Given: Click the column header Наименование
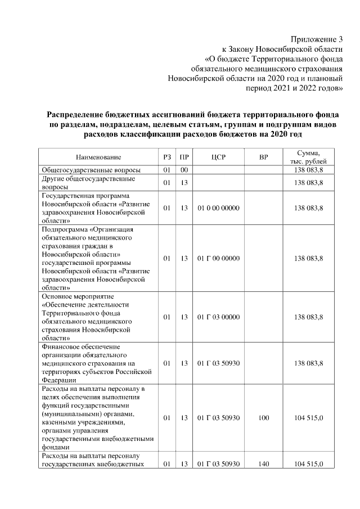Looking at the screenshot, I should (x=98, y=157).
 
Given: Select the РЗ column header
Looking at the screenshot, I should (x=166, y=157).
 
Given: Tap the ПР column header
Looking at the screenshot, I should (x=184, y=157).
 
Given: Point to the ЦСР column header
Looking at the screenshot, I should (x=219, y=157).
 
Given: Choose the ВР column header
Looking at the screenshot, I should (x=263, y=157).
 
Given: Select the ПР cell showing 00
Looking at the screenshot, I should (x=184, y=170).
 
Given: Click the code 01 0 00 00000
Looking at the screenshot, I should (x=219, y=208).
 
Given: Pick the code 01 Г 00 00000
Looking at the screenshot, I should (x=219, y=259).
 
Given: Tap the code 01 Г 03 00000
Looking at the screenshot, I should (x=219, y=317).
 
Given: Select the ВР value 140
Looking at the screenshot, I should (x=263, y=464).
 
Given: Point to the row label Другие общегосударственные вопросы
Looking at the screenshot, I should (x=88, y=183).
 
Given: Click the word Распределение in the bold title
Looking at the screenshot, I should (x=81, y=114).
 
